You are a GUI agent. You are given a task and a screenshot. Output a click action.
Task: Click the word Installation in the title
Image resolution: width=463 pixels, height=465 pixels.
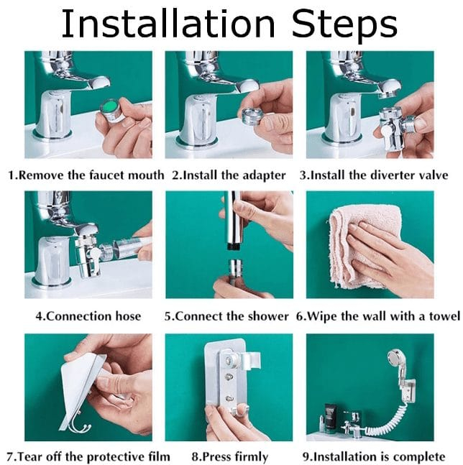tap(168, 24)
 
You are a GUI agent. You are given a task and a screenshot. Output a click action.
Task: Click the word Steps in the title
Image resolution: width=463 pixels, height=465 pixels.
tap(344, 27)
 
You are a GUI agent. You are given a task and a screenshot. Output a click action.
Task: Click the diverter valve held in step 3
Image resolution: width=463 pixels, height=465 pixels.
tap(395, 126)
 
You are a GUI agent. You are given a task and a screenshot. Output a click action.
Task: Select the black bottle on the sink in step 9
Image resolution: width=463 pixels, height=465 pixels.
tap(330, 415)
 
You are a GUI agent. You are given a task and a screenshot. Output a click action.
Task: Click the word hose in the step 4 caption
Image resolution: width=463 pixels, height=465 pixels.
tap(128, 316)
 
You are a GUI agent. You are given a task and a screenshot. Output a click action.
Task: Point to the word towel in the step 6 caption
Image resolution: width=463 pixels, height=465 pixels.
tap(444, 316)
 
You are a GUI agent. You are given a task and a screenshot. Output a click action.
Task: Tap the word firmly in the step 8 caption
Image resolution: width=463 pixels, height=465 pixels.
tap(250, 457)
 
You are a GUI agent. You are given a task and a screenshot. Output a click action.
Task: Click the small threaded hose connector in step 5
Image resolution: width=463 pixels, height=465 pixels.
tap(236, 268)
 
